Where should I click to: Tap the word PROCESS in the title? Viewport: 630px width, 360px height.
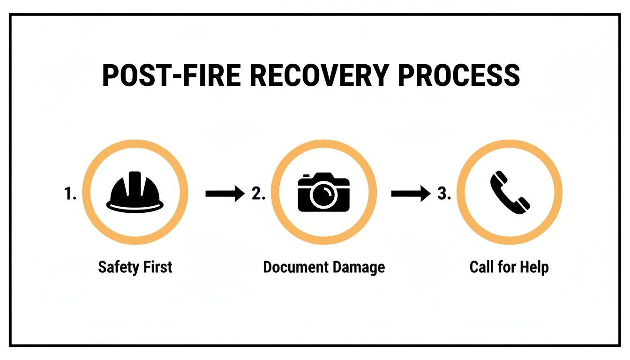coord(459,75)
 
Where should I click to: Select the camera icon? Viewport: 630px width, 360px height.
coord(324,192)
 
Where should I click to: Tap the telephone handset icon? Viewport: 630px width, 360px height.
coord(510,192)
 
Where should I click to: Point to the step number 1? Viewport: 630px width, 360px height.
coord(70,194)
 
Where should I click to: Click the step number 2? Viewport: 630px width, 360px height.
coord(258,194)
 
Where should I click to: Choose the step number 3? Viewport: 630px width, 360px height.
coord(443,194)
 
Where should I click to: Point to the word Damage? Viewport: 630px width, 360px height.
coord(359,268)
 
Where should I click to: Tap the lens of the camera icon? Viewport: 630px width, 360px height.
coord(324,196)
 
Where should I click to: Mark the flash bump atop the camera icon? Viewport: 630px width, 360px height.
coord(307,176)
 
